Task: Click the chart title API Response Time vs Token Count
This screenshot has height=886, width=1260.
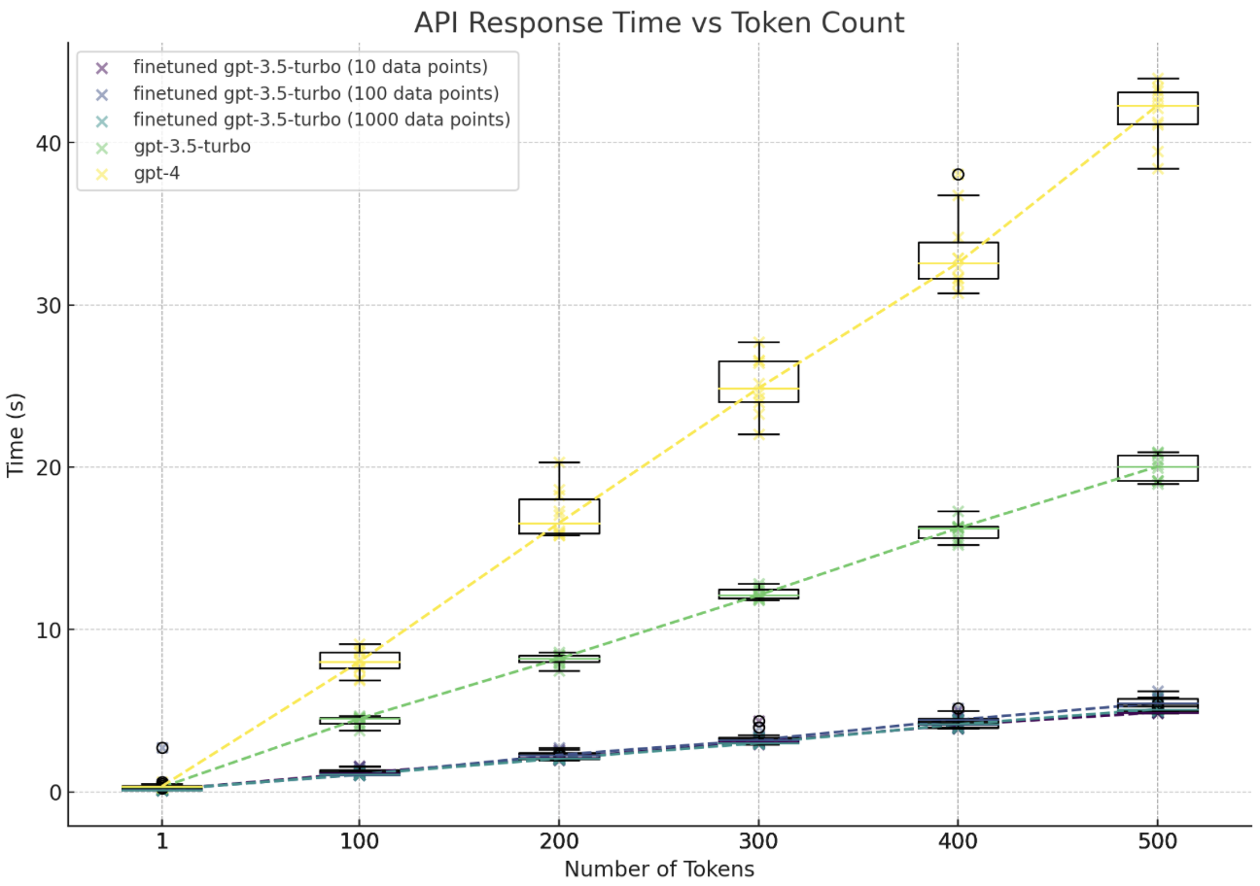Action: point(658,23)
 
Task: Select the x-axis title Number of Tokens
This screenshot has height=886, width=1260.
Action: point(658,869)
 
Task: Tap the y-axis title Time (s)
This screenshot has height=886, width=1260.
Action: point(16,434)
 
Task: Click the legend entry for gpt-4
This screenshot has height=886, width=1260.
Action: point(156,174)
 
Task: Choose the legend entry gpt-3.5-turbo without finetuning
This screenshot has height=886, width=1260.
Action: point(192,148)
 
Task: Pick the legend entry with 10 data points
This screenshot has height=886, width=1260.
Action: point(310,68)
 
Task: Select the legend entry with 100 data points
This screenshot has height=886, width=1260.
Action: point(315,94)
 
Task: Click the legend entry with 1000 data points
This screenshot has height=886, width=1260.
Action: point(321,120)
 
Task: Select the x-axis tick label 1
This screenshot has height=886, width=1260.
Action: point(161,841)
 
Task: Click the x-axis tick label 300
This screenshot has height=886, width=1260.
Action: point(758,841)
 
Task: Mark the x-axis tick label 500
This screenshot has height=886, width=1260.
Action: point(1157,841)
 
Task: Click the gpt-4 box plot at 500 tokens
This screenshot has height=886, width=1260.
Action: point(1157,108)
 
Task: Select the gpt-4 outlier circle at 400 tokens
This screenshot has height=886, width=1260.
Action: point(958,175)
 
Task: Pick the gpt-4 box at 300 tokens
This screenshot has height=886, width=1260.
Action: point(758,382)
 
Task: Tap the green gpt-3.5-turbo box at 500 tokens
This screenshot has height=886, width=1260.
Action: point(1157,468)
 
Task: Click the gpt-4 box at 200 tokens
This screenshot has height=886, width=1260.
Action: point(559,516)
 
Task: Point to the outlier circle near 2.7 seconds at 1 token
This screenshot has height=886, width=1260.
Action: point(162,748)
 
